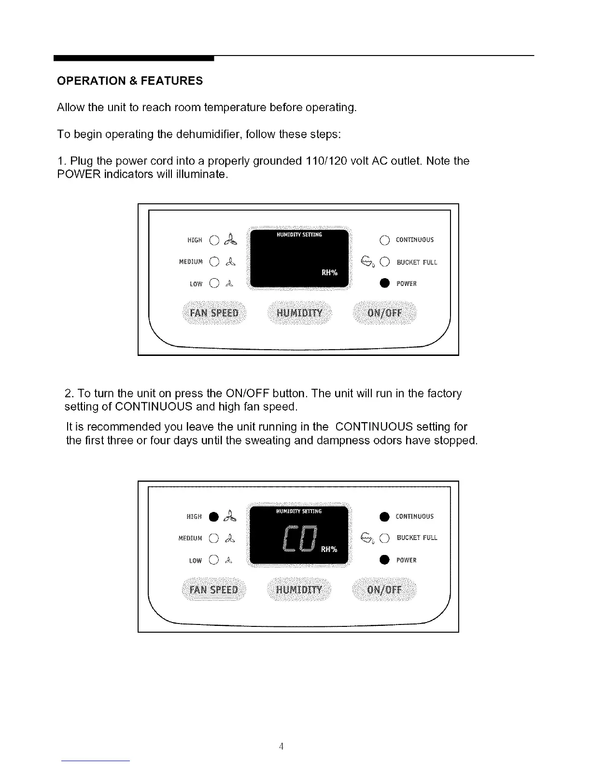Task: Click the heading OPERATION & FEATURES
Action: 130,81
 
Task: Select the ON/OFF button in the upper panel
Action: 385,312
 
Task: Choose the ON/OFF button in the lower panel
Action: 385,590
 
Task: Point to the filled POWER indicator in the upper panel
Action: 384,283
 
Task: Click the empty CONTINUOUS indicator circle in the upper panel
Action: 384,240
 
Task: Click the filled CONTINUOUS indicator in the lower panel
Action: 384,516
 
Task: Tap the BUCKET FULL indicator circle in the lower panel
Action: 385,538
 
